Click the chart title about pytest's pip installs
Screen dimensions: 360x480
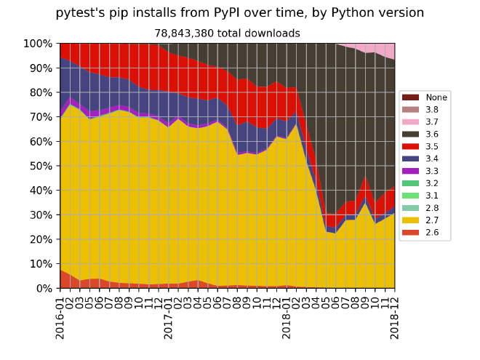(239, 13)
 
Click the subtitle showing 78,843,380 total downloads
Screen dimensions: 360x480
(227, 33)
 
